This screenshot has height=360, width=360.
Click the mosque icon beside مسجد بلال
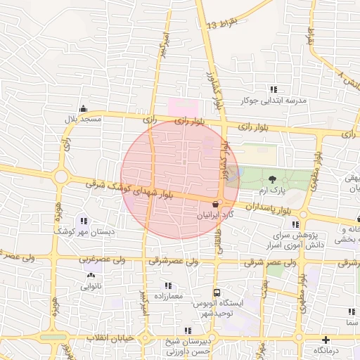click(x=84, y=108)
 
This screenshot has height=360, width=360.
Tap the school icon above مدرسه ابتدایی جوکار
click(x=273, y=89)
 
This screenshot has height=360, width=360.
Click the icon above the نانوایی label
click(x=91, y=275)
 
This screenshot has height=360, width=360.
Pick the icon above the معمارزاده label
click(x=167, y=285)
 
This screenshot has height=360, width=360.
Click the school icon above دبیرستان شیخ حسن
click(x=187, y=330)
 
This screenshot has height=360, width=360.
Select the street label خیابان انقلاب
click(x=109, y=339)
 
